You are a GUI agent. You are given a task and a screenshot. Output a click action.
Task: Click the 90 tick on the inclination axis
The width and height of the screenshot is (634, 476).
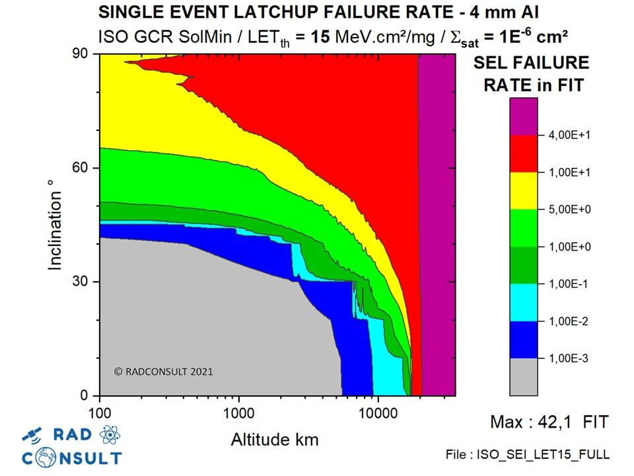(x=81, y=55)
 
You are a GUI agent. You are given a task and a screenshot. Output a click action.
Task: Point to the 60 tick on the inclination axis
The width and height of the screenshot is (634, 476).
(x=81, y=168)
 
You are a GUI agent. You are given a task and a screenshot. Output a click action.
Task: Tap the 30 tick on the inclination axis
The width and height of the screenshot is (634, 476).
(x=81, y=282)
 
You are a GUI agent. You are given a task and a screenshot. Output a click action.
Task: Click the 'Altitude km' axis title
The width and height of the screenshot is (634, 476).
(x=275, y=439)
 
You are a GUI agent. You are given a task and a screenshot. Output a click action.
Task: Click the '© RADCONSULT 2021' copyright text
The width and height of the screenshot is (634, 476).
(x=164, y=372)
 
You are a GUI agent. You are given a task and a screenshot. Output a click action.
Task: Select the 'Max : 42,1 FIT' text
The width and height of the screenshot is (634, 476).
(x=549, y=422)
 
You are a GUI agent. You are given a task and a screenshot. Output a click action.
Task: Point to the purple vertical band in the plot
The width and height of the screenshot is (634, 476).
(x=438, y=225)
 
